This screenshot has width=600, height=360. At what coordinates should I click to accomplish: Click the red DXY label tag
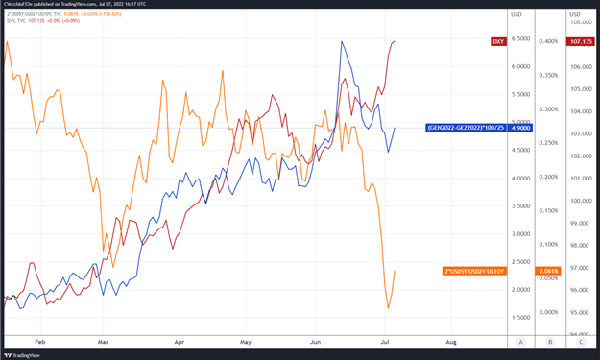pyautogui.click(x=497, y=41)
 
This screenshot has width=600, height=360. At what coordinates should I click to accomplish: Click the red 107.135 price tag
pyautogui.click(x=581, y=41)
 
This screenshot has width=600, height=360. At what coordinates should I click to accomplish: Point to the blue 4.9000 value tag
pyautogui.click(x=521, y=128)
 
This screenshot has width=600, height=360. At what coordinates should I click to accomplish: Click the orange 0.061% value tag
pyautogui.click(x=548, y=272)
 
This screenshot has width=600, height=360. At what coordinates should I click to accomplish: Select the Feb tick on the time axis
pyautogui.click(x=40, y=341)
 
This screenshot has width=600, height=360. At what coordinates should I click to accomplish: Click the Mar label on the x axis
pyautogui.click(x=103, y=341)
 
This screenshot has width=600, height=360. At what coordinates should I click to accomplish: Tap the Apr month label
pyautogui.click(x=179, y=341)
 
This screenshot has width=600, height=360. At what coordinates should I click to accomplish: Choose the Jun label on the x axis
pyautogui.click(x=317, y=341)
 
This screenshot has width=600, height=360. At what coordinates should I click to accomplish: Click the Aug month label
pyautogui.click(x=450, y=341)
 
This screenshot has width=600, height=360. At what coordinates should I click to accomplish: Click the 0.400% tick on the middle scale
pyautogui.click(x=548, y=41)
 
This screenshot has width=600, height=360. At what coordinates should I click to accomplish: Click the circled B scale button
pyautogui.click(x=550, y=341)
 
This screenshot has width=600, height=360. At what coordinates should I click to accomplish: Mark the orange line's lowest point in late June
pyautogui.click(x=389, y=308)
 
